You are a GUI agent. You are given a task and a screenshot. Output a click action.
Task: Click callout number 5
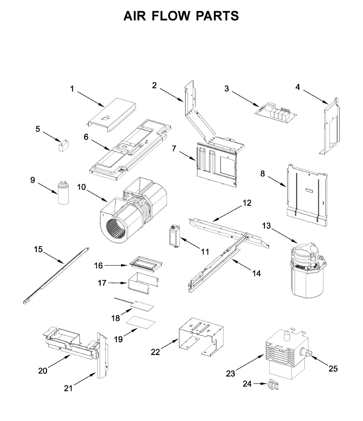pos(38,129)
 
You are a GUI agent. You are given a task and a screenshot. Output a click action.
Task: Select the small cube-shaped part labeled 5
pos(63,146)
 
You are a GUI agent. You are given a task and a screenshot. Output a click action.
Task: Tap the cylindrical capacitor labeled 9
pos(63,193)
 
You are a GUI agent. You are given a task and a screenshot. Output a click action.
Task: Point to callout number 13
pos(267,226)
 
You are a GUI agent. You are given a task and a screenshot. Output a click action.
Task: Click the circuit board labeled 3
pos(277,112)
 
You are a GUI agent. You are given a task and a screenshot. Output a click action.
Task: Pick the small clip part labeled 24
pos(273,385)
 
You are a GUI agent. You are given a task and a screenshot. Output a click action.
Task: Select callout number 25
pos(333,368)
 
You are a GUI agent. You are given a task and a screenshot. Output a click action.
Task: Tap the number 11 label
pos(205,252)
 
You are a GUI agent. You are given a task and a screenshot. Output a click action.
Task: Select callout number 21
pos(68,388)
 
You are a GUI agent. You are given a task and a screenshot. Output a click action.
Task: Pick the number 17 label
pos(102,283)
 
